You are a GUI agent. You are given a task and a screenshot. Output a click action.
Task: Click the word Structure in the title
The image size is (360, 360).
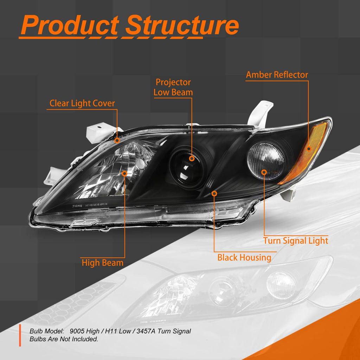182,25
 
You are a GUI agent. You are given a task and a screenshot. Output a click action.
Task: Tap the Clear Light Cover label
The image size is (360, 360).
82,103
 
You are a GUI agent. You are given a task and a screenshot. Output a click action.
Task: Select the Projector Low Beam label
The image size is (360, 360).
173,87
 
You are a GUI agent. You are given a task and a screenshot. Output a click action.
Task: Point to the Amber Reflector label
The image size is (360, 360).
277,75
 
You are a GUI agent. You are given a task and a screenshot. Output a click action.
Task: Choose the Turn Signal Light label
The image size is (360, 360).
296,241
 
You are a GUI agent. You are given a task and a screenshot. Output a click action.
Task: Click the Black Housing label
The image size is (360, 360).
244,257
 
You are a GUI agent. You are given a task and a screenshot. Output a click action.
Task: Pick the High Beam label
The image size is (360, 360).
102,263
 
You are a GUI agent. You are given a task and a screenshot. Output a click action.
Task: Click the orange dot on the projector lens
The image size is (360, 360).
192,158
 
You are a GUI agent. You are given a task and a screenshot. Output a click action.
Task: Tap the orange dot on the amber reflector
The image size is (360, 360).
309,149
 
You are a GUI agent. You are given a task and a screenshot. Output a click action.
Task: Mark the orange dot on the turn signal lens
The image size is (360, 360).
264,172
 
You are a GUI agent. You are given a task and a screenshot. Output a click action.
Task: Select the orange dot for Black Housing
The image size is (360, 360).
214,194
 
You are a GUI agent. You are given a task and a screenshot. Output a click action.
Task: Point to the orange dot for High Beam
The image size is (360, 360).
124,173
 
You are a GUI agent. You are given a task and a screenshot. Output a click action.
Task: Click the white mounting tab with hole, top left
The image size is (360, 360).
101,132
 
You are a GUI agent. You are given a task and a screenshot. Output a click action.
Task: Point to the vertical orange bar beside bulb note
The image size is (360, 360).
20,335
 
